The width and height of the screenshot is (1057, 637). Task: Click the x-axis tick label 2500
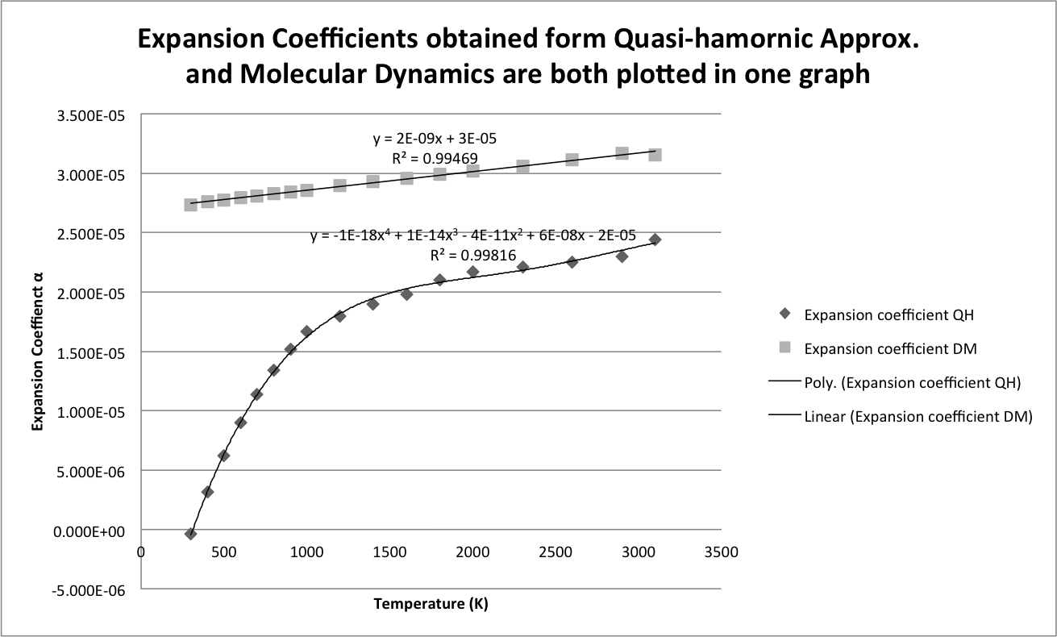(556, 552)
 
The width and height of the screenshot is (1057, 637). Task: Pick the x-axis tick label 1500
(389, 552)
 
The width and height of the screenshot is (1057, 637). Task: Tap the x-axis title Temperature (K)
(431, 604)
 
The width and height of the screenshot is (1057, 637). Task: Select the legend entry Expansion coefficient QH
(888, 315)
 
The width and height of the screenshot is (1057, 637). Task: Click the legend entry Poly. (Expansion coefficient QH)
(912, 383)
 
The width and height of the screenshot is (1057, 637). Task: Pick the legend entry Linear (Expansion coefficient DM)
(918, 417)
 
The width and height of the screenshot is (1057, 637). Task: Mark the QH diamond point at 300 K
(191, 534)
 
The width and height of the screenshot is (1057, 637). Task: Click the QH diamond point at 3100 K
(655, 240)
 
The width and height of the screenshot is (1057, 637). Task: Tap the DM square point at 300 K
(191, 205)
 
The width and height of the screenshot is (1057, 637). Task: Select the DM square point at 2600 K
(572, 160)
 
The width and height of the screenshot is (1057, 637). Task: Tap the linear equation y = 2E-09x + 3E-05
(440, 138)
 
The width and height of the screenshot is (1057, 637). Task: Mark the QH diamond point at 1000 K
(306, 331)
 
